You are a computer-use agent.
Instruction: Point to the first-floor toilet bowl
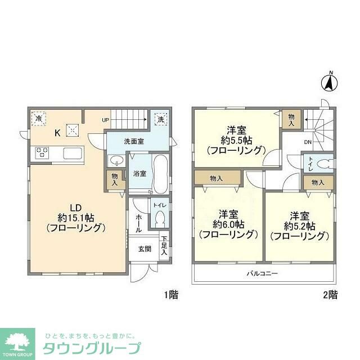(x=159, y=218)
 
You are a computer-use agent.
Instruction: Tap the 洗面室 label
(x=134, y=141)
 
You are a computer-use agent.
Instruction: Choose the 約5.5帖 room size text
(x=235, y=139)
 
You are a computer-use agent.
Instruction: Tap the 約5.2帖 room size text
(x=299, y=226)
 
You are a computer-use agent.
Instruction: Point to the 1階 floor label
(x=172, y=294)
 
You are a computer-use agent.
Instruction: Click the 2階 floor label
(x=330, y=294)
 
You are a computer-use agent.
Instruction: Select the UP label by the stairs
(x=106, y=120)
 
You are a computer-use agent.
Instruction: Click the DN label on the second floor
(x=308, y=142)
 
